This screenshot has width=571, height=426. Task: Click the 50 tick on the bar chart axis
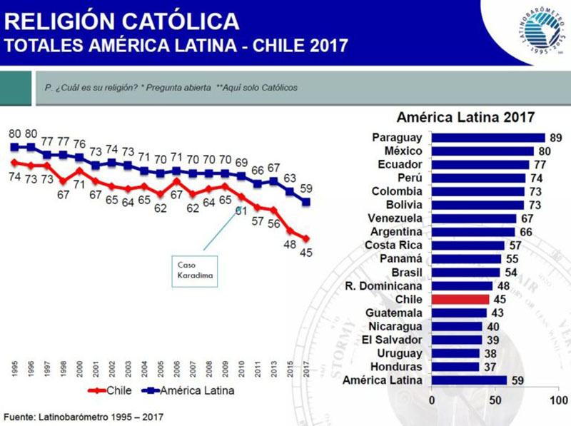click(495, 399)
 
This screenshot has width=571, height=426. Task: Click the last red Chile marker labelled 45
click(307, 239)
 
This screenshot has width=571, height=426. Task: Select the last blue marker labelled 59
click(307, 202)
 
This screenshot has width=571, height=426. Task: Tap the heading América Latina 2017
click(467, 118)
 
